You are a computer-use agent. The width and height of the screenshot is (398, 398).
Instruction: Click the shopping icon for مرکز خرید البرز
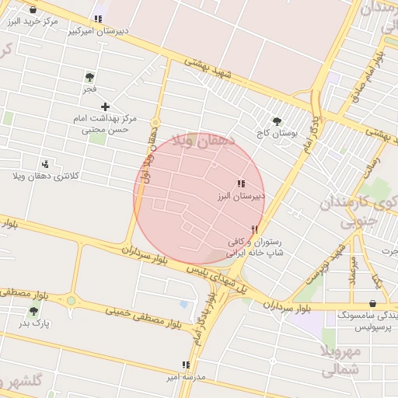point(33,9)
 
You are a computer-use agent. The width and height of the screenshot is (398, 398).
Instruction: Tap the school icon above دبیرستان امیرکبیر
point(98,19)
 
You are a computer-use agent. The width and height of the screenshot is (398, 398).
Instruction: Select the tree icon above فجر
point(89,76)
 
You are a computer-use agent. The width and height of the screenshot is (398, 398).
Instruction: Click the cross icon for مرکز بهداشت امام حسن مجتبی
point(106,106)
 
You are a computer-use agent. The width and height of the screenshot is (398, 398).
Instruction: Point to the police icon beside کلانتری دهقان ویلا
point(45,164)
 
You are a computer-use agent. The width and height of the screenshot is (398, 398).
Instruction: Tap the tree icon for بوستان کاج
point(277,120)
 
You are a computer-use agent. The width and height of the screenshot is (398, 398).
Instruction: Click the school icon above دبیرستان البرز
point(241,183)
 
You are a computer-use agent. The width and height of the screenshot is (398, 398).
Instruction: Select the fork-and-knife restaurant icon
point(254,229)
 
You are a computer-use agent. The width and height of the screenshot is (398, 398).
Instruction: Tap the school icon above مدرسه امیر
point(185,364)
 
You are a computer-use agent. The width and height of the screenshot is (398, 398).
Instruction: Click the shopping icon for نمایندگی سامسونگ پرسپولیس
point(373,304)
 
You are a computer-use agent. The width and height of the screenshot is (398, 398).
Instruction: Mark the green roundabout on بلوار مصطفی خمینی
point(72,300)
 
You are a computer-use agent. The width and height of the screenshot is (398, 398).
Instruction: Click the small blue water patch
point(183,303)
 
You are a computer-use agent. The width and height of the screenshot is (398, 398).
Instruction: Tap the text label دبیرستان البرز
point(241,197)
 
